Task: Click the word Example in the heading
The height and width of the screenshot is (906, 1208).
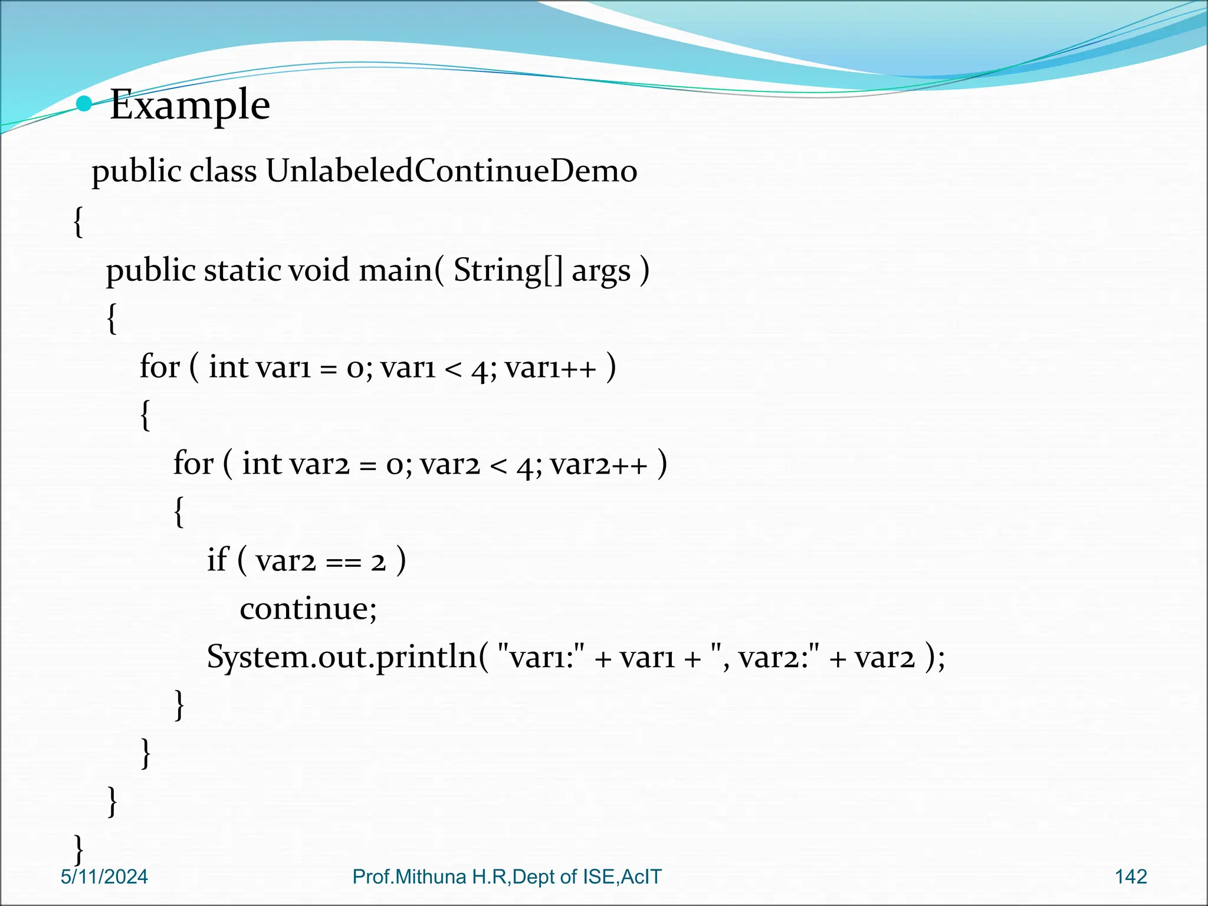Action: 189,105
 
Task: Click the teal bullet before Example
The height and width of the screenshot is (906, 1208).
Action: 85,104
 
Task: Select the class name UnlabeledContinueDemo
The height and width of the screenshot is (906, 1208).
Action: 451,171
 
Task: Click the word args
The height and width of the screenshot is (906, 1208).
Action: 601,271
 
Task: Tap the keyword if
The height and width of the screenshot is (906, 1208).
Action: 217,559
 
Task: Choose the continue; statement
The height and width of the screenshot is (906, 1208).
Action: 308,608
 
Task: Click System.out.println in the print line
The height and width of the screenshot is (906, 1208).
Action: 342,656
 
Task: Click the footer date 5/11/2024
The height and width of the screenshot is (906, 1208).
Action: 104,877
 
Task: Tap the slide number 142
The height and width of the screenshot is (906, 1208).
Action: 1131,877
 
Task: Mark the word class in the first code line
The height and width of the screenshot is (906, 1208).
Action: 223,171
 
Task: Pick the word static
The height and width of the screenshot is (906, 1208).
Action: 242,270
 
